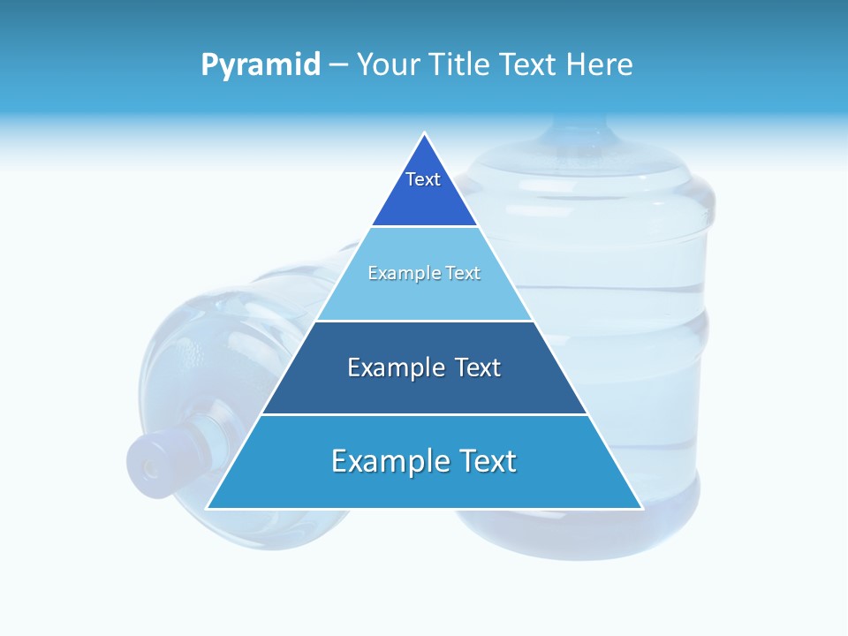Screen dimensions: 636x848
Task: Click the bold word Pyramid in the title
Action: pos(261,65)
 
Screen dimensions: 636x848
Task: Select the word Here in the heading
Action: pos(599,65)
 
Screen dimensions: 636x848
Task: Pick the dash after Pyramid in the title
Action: pos(338,65)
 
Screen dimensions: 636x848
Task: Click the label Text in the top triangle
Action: pos(423,180)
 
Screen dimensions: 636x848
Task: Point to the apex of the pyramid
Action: pos(425,134)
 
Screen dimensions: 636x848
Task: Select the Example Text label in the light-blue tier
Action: pos(424,274)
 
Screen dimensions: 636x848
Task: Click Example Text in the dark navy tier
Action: pos(424,367)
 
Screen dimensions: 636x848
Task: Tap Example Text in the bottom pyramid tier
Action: pos(424,461)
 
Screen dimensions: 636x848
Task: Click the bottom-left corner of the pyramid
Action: pos(208,508)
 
